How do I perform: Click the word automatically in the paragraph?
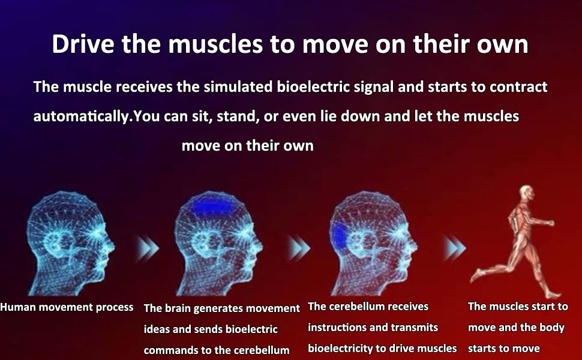tap(81, 117)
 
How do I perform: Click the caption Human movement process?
tap(67, 307)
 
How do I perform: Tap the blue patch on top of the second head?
tap(212, 206)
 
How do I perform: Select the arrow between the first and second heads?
tap(147, 248)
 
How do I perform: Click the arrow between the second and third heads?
tap(299, 248)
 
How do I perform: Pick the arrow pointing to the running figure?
tap(454, 248)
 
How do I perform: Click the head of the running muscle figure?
tap(527, 193)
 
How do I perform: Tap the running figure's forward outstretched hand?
tap(550, 223)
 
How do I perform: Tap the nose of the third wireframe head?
tap(414, 245)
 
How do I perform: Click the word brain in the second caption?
tap(178, 308)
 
